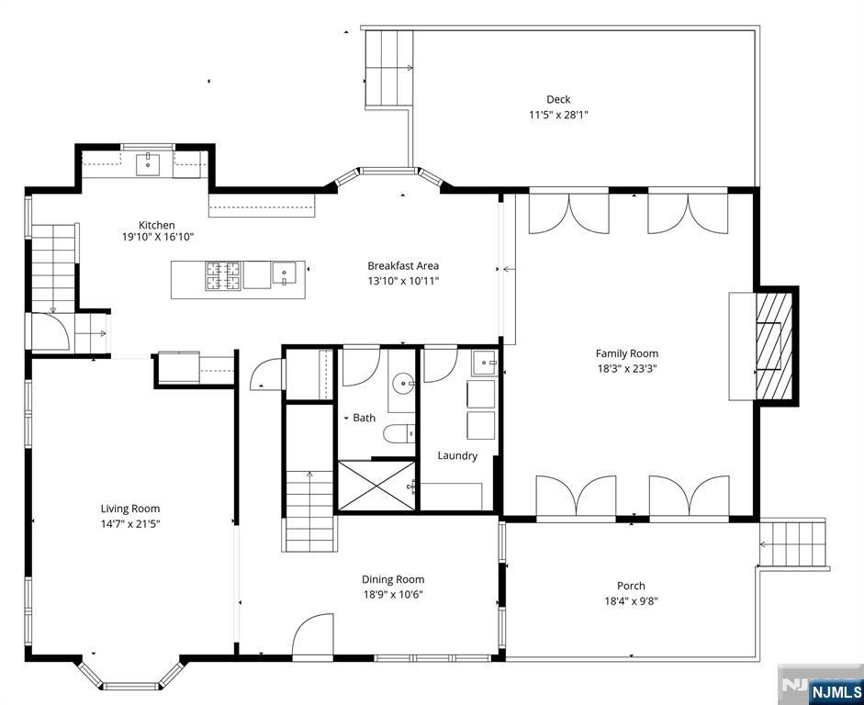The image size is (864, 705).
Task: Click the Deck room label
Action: pyautogui.click(x=558, y=100)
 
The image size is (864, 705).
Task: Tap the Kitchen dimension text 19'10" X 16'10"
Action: pyautogui.click(x=158, y=238)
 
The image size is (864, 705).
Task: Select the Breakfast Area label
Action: pyautogui.click(x=403, y=266)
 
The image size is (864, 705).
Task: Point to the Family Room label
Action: pyautogui.click(x=627, y=353)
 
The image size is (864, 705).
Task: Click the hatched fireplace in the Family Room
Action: pyautogui.click(x=774, y=346)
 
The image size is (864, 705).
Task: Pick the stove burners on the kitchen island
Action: pyautogui.click(x=223, y=275)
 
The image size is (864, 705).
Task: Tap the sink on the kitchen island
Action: pyautogui.click(x=284, y=274)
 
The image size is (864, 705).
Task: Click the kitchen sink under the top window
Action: pyautogui.click(x=148, y=164)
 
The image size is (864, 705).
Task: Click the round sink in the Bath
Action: pyautogui.click(x=403, y=382)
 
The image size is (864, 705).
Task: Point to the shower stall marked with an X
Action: pyautogui.click(x=376, y=486)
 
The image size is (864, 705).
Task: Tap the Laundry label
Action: pyautogui.click(x=457, y=456)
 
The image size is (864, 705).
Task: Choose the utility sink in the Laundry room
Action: pyautogui.click(x=485, y=363)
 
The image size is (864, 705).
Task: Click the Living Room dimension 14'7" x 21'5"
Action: pyautogui.click(x=130, y=524)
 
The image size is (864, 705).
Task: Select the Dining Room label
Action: pyautogui.click(x=393, y=579)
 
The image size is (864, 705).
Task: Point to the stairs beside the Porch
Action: pyautogui.click(x=792, y=544)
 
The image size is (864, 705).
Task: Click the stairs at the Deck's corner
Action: pyautogui.click(x=388, y=68)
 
